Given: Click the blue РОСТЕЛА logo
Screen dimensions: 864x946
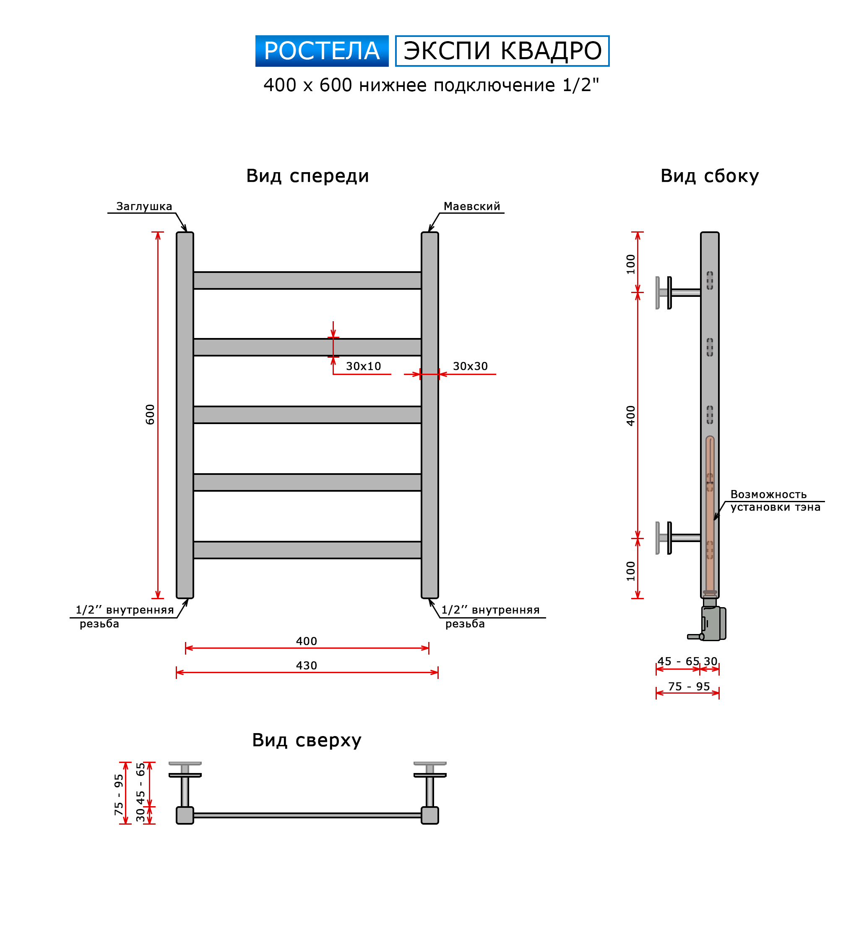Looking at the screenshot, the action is coord(322,51).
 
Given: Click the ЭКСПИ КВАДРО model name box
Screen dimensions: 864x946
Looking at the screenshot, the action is coord(502,51).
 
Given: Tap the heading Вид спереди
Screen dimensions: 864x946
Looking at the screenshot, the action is coord(307,176).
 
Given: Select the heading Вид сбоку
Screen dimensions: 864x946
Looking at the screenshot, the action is coord(709,176).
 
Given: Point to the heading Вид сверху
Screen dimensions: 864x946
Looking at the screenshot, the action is coord(307,740).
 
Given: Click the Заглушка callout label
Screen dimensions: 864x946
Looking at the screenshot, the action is coord(144,207).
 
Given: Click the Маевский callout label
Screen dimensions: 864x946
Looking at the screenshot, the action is coord(471,207).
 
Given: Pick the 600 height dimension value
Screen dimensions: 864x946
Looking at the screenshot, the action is coord(150,414).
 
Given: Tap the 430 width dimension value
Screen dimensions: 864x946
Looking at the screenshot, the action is coord(307,666).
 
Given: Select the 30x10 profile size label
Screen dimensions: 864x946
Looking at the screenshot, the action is coord(363,366).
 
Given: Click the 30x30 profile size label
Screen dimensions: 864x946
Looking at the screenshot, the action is coord(470,366).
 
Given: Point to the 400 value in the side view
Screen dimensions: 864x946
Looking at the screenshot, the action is coord(631,416).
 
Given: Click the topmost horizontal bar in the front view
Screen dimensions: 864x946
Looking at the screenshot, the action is coord(307,280).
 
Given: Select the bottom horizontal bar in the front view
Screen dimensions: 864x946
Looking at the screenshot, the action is coord(307,550).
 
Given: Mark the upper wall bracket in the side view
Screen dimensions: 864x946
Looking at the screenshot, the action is coord(678,293).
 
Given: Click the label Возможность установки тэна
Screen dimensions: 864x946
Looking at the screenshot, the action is coord(776,501).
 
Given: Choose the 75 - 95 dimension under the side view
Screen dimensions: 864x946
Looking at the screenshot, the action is coord(689,687).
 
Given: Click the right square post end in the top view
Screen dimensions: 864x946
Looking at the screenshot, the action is coord(430,815).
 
